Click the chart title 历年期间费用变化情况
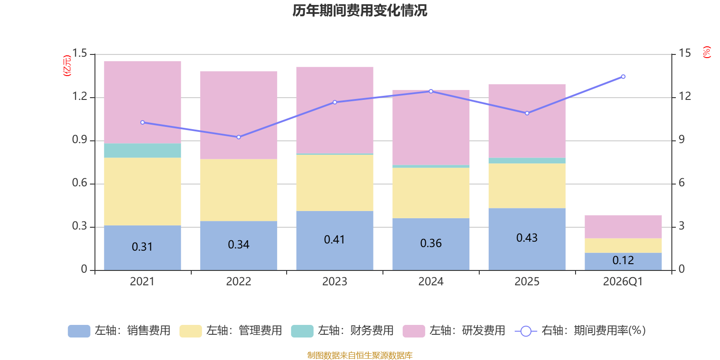360,10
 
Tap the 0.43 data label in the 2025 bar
526,238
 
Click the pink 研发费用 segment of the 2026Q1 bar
623,226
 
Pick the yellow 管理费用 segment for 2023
334,183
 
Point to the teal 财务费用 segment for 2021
142,150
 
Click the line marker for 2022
238,137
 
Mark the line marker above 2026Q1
623,76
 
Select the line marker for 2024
431,91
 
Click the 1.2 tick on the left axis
80,96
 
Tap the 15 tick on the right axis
684,54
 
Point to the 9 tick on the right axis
682,139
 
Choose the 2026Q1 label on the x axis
623,282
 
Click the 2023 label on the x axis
334,282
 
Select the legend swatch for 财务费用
302,331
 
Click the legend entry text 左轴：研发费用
467,331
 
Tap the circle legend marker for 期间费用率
526,331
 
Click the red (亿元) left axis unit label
67,66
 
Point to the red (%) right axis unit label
706,52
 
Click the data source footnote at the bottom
360,355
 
